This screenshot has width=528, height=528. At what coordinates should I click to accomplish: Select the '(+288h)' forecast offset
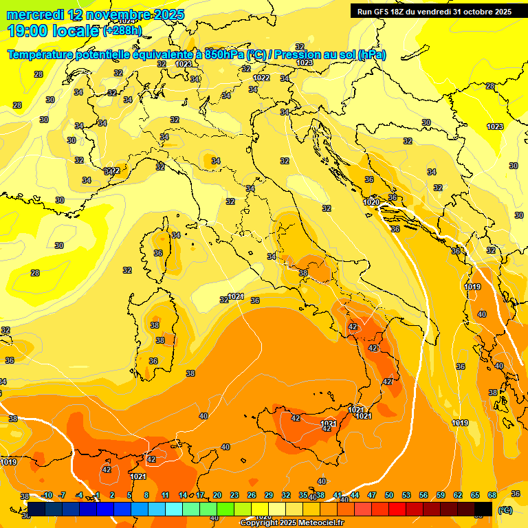pos(123,31)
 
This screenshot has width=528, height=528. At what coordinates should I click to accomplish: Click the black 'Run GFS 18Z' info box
pos(434,12)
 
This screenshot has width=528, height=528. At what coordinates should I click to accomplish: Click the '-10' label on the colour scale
pos(47,495)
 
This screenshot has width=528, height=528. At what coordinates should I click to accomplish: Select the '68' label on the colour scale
pos(492,495)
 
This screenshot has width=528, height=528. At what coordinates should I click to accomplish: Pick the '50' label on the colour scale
pos(389,495)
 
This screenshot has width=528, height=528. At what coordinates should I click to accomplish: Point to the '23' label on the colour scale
pos(234,495)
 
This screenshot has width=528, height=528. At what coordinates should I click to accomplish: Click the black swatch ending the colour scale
pos(483,509)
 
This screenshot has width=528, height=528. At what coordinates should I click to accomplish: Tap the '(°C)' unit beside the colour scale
pos(505,509)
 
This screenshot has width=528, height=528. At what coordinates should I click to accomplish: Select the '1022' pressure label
pos(261,78)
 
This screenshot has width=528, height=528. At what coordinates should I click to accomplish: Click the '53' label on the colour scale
pos(406,495)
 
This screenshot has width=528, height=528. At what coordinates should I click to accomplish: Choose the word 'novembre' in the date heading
pos(116,14)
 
